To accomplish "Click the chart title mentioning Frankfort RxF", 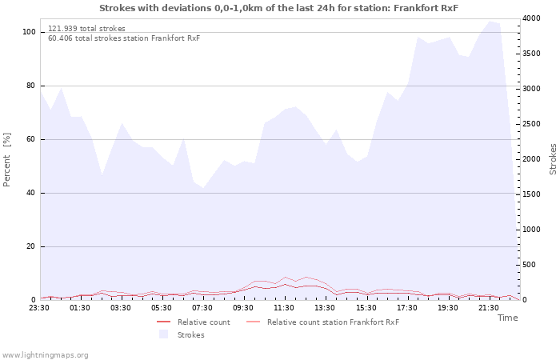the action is [278, 8].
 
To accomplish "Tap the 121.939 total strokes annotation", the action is [86, 29].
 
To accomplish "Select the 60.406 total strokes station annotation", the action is [124, 38].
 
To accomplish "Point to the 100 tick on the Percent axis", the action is [29, 32].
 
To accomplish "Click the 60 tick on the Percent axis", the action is [31, 139].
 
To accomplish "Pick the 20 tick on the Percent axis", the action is [31, 246].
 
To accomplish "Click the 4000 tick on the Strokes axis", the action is [531, 18].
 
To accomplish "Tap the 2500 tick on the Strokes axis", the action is [531, 124].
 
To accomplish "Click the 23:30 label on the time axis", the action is [39, 308].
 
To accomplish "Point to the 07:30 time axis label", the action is [202, 308].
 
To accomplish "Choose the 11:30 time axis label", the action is [284, 308].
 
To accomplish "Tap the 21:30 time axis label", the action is [488, 308].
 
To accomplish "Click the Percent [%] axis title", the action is [6, 160].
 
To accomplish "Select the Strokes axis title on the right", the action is [553, 159].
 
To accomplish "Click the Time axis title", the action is [508, 318].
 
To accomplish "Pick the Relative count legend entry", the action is [194, 322].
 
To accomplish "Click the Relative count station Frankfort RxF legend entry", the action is [323, 322].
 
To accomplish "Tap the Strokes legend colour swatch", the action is [163, 334].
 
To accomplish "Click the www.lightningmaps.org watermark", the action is [45, 355].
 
